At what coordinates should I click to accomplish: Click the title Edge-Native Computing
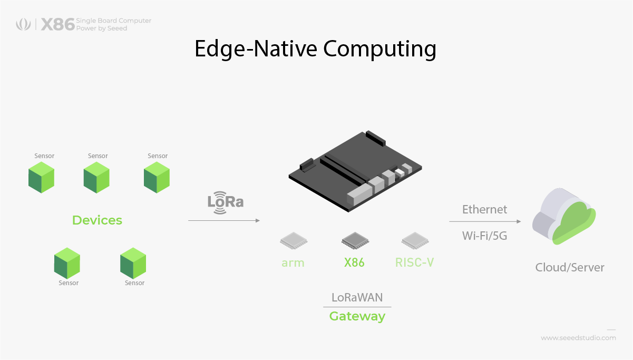(x=315, y=49)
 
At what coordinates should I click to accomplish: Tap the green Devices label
(x=97, y=220)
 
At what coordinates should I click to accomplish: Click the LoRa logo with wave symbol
(x=226, y=202)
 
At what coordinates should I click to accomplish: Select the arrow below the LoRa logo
(x=224, y=220)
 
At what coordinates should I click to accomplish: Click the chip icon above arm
(x=293, y=240)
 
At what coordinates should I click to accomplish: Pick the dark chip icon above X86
(x=354, y=240)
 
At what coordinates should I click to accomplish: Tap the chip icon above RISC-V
(x=414, y=240)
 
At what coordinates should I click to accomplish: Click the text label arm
(x=293, y=262)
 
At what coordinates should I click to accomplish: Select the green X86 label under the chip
(x=354, y=262)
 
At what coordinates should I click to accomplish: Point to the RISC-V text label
(x=414, y=262)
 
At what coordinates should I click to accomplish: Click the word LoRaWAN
(x=357, y=297)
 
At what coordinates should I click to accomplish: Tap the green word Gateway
(x=357, y=316)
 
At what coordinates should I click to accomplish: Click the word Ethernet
(x=484, y=209)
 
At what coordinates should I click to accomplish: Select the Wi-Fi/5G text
(x=484, y=236)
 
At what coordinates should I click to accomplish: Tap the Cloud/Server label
(x=570, y=267)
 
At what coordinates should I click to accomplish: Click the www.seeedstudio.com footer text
(x=578, y=338)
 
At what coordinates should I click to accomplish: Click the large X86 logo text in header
(x=57, y=24)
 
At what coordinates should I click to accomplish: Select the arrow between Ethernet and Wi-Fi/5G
(x=485, y=222)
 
